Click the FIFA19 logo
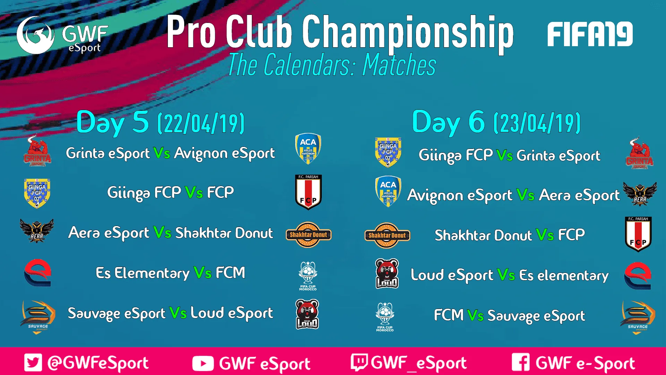tap(590, 34)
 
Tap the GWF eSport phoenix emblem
tap(35, 35)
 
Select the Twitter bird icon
tap(33, 362)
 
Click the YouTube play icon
tap(203, 364)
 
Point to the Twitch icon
tap(359, 362)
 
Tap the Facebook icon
tap(521, 362)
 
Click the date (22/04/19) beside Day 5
tap(201, 123)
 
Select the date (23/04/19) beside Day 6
tap(537, 123)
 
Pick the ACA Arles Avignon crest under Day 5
tap(308, 149)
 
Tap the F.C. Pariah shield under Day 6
tap(638, 234)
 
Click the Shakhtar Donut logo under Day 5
tap(308, 235)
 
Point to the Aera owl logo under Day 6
tap(640, 194)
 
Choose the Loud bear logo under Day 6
tap(387, 274)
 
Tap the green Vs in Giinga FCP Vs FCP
tap(194, 192)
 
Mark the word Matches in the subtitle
tap(399, 65)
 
